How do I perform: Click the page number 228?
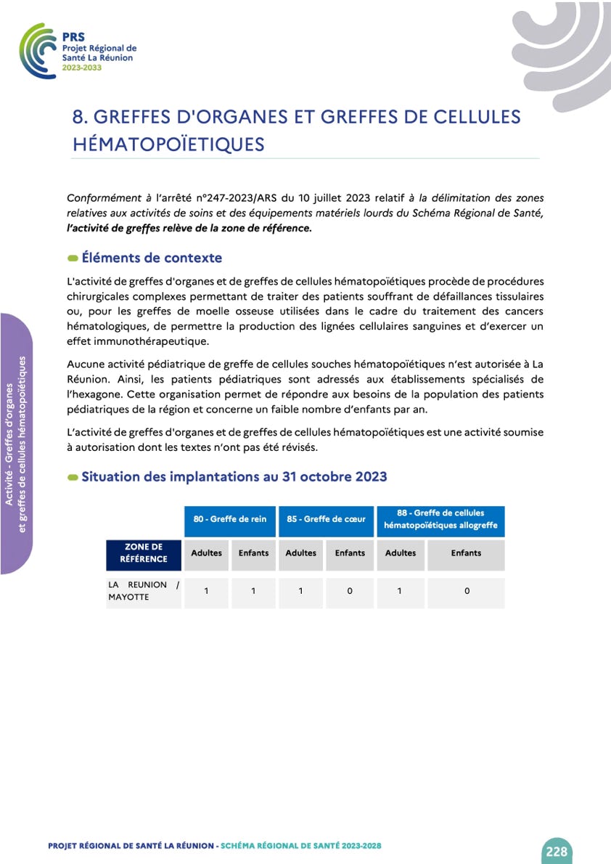557,851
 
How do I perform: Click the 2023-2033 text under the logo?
82,67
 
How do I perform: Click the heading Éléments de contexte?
152,258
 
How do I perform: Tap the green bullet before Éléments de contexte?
73,258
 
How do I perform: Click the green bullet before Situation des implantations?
73,478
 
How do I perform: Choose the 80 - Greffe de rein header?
229,519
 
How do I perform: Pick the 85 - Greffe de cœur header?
326,519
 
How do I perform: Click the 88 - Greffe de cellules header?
440,518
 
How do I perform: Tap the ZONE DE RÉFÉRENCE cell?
143,553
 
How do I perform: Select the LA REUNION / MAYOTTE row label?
143,590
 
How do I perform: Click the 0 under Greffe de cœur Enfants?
350,591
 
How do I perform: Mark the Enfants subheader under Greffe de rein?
253,553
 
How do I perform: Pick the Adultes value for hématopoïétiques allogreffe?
400,591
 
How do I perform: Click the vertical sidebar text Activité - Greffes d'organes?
12,444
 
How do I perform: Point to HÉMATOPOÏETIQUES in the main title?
168,144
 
